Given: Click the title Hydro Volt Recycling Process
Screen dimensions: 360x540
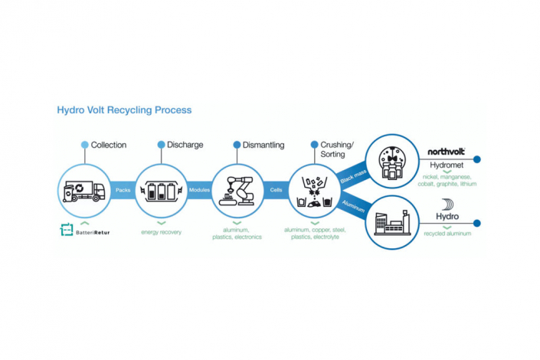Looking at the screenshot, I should (x=124, y=110).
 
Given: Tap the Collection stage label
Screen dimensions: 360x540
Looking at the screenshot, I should (x=108, y=145).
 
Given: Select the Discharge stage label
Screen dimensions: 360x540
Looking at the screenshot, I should (x=185, y=145).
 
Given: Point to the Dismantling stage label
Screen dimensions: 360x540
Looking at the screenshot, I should (x=263, y=145).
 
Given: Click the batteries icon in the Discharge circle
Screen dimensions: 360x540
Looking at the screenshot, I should (x=161, y=190).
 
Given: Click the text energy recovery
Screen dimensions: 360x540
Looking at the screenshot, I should (x=161, y=231).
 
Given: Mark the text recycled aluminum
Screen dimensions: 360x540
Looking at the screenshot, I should (x=447, y=233).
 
